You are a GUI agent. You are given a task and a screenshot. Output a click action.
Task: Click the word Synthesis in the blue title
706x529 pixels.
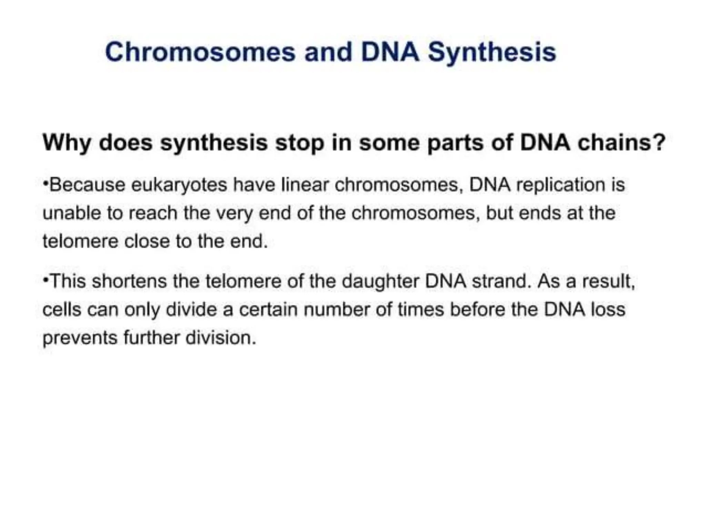[x=492, y=53]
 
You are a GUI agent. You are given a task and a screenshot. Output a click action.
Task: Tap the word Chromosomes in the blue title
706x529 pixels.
[x=200, y=52]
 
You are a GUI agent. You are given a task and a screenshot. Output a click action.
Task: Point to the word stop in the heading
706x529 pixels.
[x=299, y=143]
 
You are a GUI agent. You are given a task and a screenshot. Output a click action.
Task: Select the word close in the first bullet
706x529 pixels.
[x=147, y=241]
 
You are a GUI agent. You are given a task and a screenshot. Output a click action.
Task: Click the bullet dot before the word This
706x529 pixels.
[x=45, y=280]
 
